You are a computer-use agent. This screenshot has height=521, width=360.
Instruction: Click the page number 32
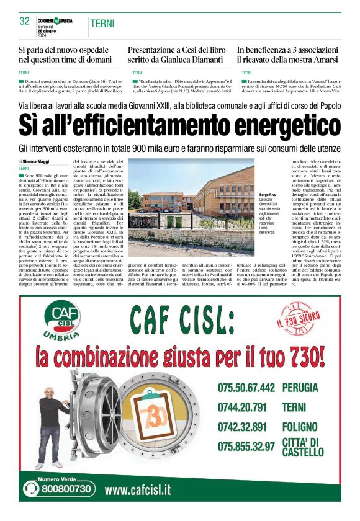pyautogui.click(x=25, y=21)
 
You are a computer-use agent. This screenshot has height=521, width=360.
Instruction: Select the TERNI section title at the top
pyautogui.click(x=101, y=23)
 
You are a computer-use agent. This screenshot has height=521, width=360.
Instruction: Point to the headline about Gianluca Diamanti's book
pyautogui.click(x=175, y=55)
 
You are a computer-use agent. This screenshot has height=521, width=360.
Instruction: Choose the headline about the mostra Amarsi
pyautogui.click(x=288, y=55)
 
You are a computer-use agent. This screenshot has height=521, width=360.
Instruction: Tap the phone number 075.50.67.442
pyautogui.click(x=246, y=388)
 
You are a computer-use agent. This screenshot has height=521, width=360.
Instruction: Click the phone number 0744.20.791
pyautogui.click(x=242, y=407)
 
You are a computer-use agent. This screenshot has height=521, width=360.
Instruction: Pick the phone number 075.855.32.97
pyautogui.click(x=246, y=446)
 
